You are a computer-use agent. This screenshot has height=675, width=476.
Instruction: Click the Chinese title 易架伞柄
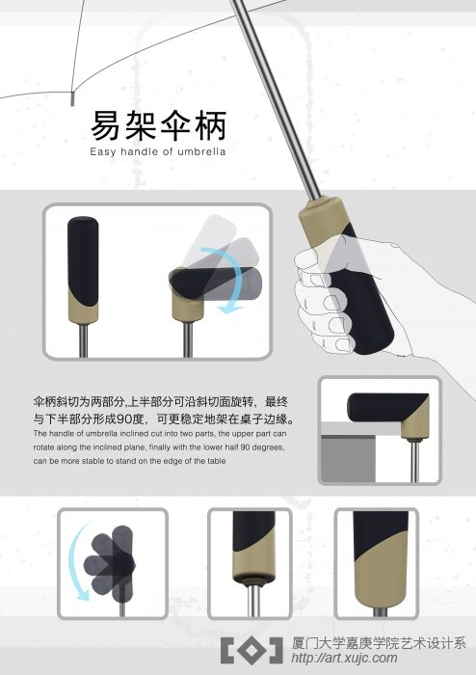[158, 125]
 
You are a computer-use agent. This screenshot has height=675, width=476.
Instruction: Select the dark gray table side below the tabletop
[348, 459]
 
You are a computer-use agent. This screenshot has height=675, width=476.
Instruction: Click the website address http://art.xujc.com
[344, 659]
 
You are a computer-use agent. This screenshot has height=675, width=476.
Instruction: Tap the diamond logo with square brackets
[251, 651]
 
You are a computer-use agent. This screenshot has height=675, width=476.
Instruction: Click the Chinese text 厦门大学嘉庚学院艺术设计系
[379, 643]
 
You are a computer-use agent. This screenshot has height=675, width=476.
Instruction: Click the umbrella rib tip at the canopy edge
[72, 99]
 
